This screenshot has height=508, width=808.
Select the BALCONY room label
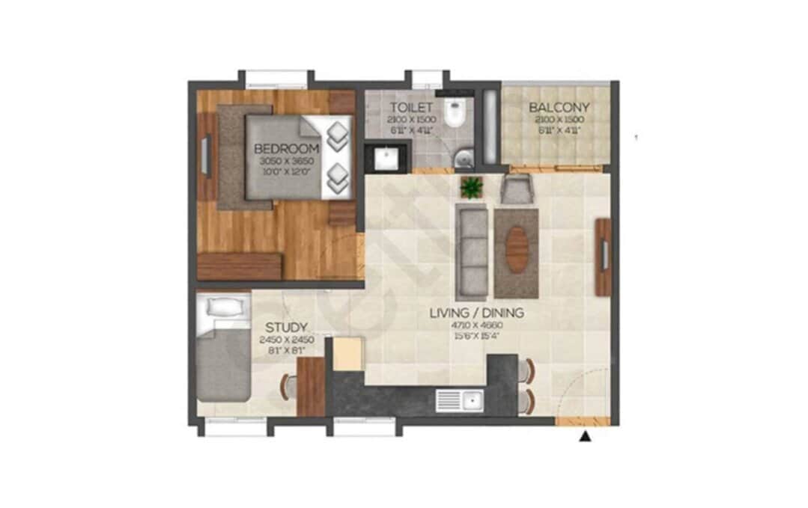tap(559, 108)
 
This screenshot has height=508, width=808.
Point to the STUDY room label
tap(286, 327)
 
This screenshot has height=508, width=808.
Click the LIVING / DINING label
tap(476, 313)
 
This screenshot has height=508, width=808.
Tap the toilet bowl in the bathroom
tap(455, 113)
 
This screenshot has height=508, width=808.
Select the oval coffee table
tap(517, 250)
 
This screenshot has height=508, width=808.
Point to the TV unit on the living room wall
tap(604, 256)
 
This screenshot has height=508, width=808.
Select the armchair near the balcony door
tap(517, 189)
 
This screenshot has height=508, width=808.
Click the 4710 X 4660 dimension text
tap(476, 325)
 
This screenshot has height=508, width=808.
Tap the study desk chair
tap(287, 385)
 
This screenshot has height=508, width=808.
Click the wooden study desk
tap(311, 386)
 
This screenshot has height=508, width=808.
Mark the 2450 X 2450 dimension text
tap(286, 340)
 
